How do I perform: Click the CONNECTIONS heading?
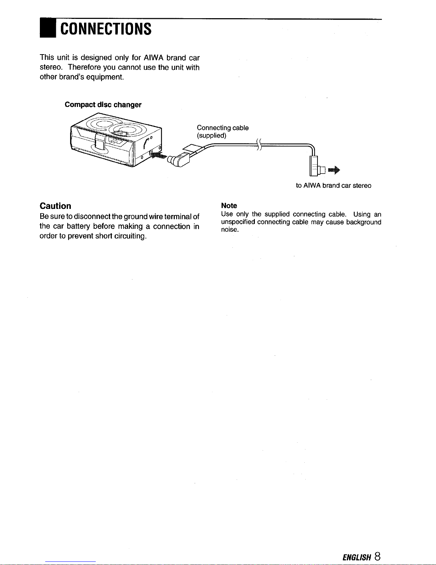[x=106, y=29]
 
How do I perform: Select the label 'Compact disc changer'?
[x=103, y=105]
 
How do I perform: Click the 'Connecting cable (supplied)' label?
[x=222, y=132]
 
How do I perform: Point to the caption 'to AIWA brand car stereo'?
[x=333, y=186]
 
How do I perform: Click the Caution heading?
[x=56, y=206]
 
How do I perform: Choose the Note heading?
[x=229, y=206]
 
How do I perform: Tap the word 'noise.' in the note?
[x=230, y=230]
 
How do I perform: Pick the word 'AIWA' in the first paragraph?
[x=153, y=58]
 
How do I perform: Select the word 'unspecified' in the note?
[x=238, y=222]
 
